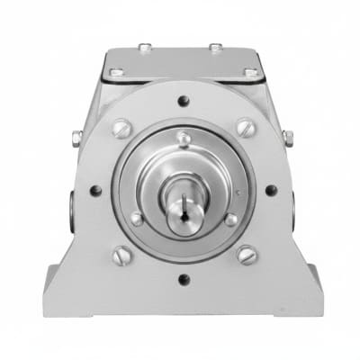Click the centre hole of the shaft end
click(x=184, y=215)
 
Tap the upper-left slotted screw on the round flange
click(x=121, y=128)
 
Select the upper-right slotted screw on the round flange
click(x=246, y=128)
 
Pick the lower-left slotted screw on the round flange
click(x=121, y=256)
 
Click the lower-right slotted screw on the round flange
click(x=246, y=256)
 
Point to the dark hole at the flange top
click(x=184, y=101)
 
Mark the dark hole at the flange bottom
click(x=184, y=280)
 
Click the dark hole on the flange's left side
click(x=95, y=191)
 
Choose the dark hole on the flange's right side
click(x=271, y=191)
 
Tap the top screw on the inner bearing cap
click(x=184, y=138)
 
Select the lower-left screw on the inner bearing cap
click(x=137, y=219)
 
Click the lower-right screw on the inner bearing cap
click(x=231, y=219)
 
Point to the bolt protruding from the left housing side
click(x=77, y=138)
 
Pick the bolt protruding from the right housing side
click(x=288, y=138)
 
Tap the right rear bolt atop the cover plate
click(x=216, y=47)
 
